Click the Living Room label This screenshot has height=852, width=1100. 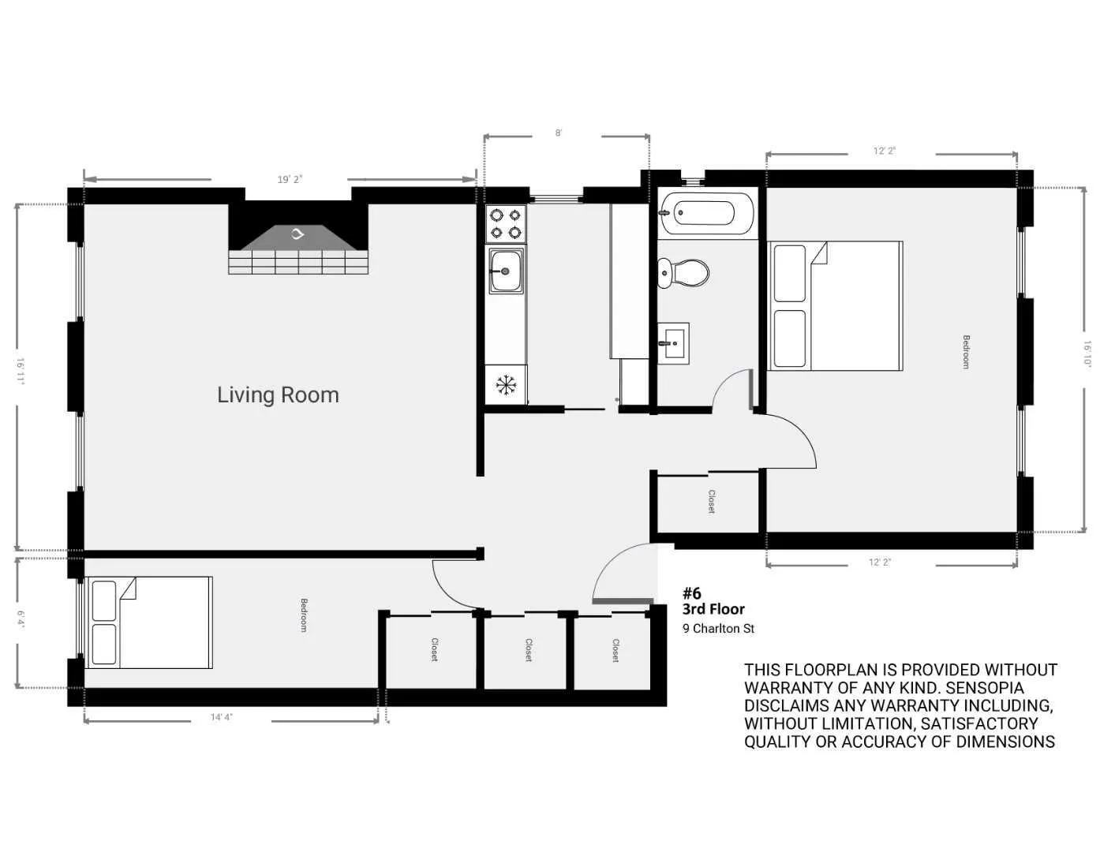click(278, 394)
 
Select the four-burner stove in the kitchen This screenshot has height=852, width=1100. click(505, 222)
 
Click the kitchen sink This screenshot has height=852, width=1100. click(505, 271)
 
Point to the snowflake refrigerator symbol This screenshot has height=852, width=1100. click(505, 385)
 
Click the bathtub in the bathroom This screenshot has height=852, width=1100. click(706, 213)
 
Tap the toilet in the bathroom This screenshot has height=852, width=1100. click(683, 273)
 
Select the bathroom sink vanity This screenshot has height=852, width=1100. click(673, 343)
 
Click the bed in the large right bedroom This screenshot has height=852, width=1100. click(836, 306)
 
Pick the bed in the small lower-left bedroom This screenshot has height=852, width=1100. click(150, 622)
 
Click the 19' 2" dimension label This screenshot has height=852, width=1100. click(290, 179)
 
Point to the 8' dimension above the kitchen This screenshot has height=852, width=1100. click(558, 133)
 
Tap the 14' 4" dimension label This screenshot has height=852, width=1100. click(221, 717)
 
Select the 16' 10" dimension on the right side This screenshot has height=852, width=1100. click(1087, 353)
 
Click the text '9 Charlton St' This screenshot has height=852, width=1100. click(718, 629)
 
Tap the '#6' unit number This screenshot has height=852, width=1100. click(691, 593)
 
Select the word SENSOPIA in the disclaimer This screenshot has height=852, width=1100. click(984, 688)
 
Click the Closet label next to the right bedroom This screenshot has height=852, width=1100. click(711, 502)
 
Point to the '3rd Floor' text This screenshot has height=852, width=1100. click(713, 609)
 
